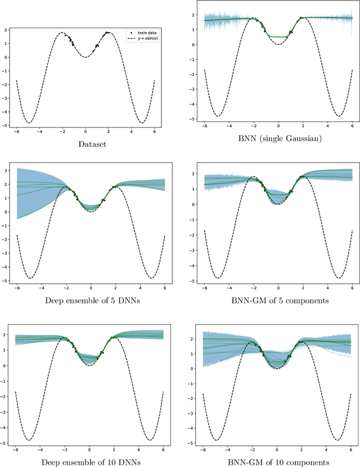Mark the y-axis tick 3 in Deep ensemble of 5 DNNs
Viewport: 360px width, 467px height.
pos(10,169)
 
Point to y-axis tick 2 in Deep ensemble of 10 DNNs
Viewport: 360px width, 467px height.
pos(10,335)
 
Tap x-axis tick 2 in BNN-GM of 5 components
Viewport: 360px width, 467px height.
pos(301,288)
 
